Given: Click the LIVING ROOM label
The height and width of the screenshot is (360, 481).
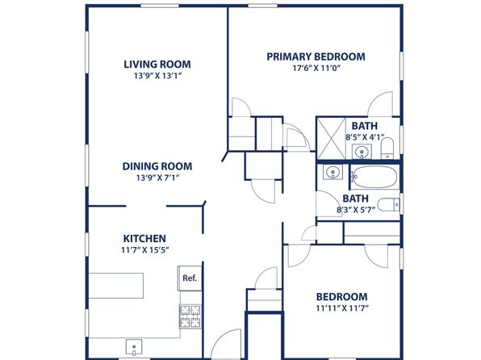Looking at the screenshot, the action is coord(157,64).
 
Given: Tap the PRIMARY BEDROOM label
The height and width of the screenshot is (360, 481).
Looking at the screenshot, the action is coord(316,57).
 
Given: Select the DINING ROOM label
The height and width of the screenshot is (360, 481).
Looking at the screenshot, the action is coord(157,166).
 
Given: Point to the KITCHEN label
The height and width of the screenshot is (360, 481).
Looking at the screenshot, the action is coord(144,238).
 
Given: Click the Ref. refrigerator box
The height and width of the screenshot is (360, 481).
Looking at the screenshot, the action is coord(190,278).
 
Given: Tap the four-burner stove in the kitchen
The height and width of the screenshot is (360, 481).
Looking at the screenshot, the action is coord(190,316).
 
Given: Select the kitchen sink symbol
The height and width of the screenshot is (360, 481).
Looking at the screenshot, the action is coord(134,347).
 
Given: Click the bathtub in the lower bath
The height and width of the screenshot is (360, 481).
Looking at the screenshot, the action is coord(374,177).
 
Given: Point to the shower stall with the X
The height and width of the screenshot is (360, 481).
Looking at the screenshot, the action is coord(332,138).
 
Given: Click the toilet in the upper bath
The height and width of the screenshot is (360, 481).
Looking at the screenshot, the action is coord(387,149).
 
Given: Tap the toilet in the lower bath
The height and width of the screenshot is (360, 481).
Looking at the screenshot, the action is coord(389,205).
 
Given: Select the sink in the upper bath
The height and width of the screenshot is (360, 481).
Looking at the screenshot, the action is coord(362,152).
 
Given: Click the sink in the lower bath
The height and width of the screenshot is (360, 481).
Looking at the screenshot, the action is coord(333,172).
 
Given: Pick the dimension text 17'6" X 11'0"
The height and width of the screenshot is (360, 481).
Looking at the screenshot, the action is coord(316,68).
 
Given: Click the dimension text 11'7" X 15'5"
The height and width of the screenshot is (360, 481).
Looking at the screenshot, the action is coord(145,250).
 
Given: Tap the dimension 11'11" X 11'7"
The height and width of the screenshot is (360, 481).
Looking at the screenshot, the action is coord(342,308).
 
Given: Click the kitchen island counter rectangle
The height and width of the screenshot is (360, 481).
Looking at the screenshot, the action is coord(116,286).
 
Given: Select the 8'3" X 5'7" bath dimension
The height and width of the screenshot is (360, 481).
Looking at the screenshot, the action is coord(356,210).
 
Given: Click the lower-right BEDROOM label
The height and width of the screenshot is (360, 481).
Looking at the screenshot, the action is coord(341,297).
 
